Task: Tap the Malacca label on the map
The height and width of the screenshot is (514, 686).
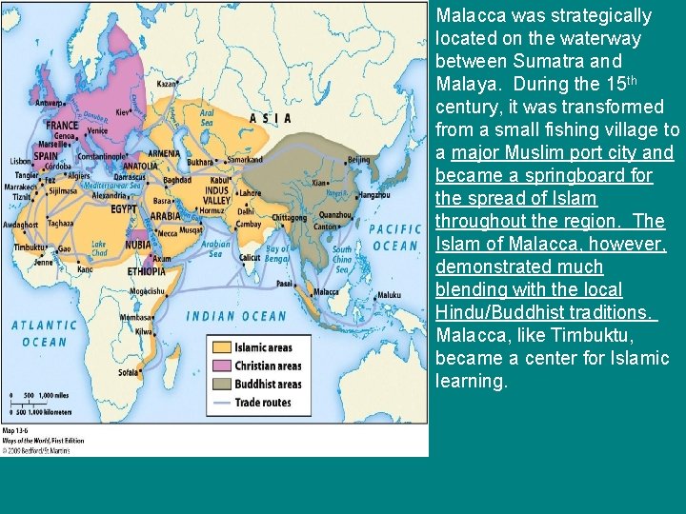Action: pos(327,291)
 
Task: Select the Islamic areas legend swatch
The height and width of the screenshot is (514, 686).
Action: pos(222,348)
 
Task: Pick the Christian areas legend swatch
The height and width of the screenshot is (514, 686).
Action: pos(222,366)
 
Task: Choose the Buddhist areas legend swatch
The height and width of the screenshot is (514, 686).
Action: pos(222,385)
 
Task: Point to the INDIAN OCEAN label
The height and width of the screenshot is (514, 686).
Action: pos(235,316)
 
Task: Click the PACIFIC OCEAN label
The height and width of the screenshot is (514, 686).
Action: pos(394,237)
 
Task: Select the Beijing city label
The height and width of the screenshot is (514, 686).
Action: pos(359,159)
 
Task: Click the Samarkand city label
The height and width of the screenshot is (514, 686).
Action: pos(244,159)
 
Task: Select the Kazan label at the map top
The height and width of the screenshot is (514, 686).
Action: pos(167,84)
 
